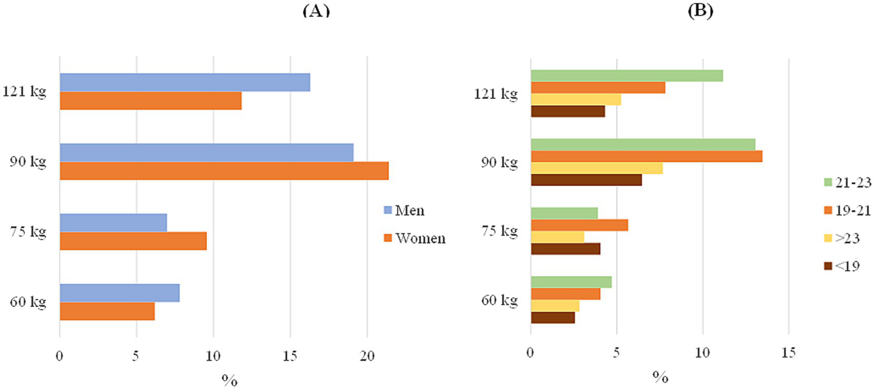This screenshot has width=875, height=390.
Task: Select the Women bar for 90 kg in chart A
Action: [224, 171]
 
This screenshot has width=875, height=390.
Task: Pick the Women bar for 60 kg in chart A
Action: [107, 311]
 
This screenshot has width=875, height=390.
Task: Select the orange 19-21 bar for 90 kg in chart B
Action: [646, 157]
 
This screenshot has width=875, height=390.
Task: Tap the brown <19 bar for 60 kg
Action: [552, 318]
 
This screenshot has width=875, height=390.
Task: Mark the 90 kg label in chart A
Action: [27, 162]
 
